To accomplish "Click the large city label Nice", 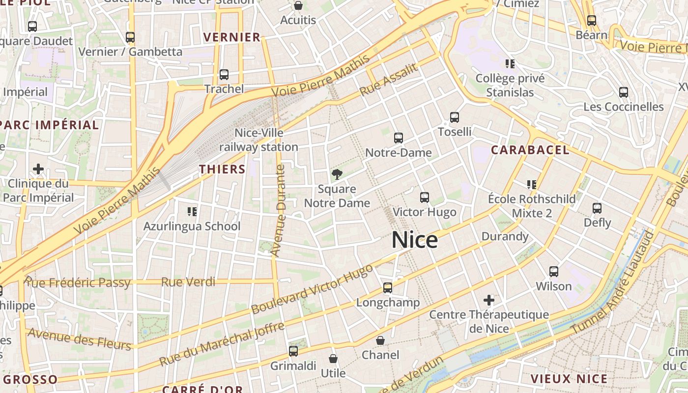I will [415, 240].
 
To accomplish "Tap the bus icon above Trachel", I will [224, 75].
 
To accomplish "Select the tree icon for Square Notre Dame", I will [337, 174].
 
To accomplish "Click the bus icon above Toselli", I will [455, 117].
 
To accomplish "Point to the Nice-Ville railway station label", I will [258, 140].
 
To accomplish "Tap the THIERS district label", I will [222, 169].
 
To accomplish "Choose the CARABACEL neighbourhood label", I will [530, 150].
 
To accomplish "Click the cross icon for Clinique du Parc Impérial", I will [38, 169].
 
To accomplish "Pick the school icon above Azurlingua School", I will [192, 212].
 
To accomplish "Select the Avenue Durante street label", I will [279, 210].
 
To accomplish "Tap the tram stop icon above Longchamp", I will [388, 288].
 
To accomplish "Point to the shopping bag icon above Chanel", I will [380, 340].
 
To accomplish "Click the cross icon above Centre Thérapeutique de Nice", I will [489, 300].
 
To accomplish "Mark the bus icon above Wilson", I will [554, 272].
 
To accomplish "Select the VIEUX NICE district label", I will [569, 379].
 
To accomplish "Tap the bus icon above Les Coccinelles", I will [624, 92].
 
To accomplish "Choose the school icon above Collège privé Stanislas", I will [510, 64].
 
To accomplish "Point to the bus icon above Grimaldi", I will [293, 351].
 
